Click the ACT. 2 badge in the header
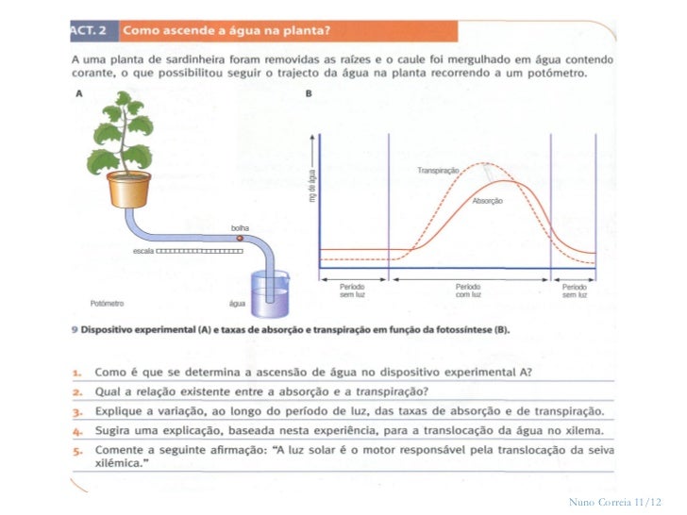92,30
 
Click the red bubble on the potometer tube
240,240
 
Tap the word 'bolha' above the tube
240,228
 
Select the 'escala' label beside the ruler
142,251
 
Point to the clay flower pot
128,189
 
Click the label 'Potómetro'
108,304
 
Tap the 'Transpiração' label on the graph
438,170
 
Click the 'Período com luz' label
468,290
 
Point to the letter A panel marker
77,93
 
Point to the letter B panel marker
309,93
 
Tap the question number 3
75,411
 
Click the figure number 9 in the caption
74,330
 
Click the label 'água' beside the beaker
237,304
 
